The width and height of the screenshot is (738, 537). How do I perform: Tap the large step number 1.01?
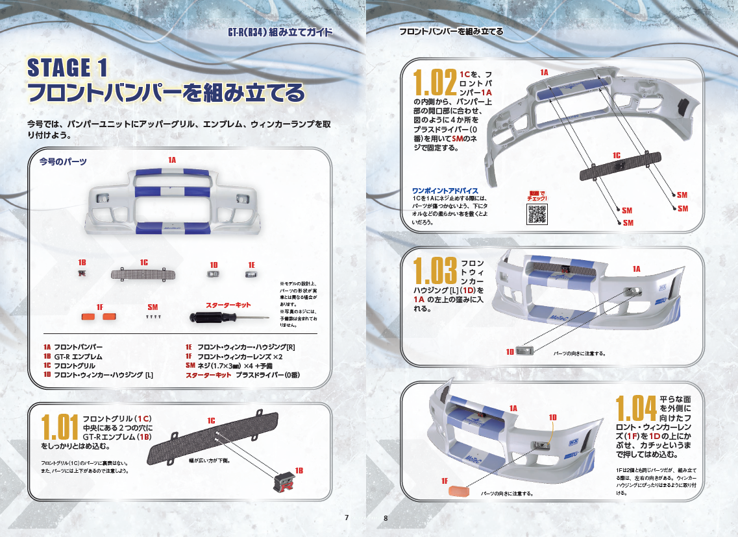click(x=60, y=428)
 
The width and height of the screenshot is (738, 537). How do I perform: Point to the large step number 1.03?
click(x=436, y=270)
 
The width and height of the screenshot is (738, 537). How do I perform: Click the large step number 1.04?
click(x=637, y=409)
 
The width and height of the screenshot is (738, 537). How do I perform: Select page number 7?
click(x=347, y=517)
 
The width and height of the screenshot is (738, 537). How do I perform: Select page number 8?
click(x=386, y=518)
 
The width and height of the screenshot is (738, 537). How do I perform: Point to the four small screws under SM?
click(x=153, y=317)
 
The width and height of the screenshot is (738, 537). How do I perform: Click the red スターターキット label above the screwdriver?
click(x=228, y=305)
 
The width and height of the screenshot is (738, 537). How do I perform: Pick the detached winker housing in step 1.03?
click(x=524, y=351)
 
